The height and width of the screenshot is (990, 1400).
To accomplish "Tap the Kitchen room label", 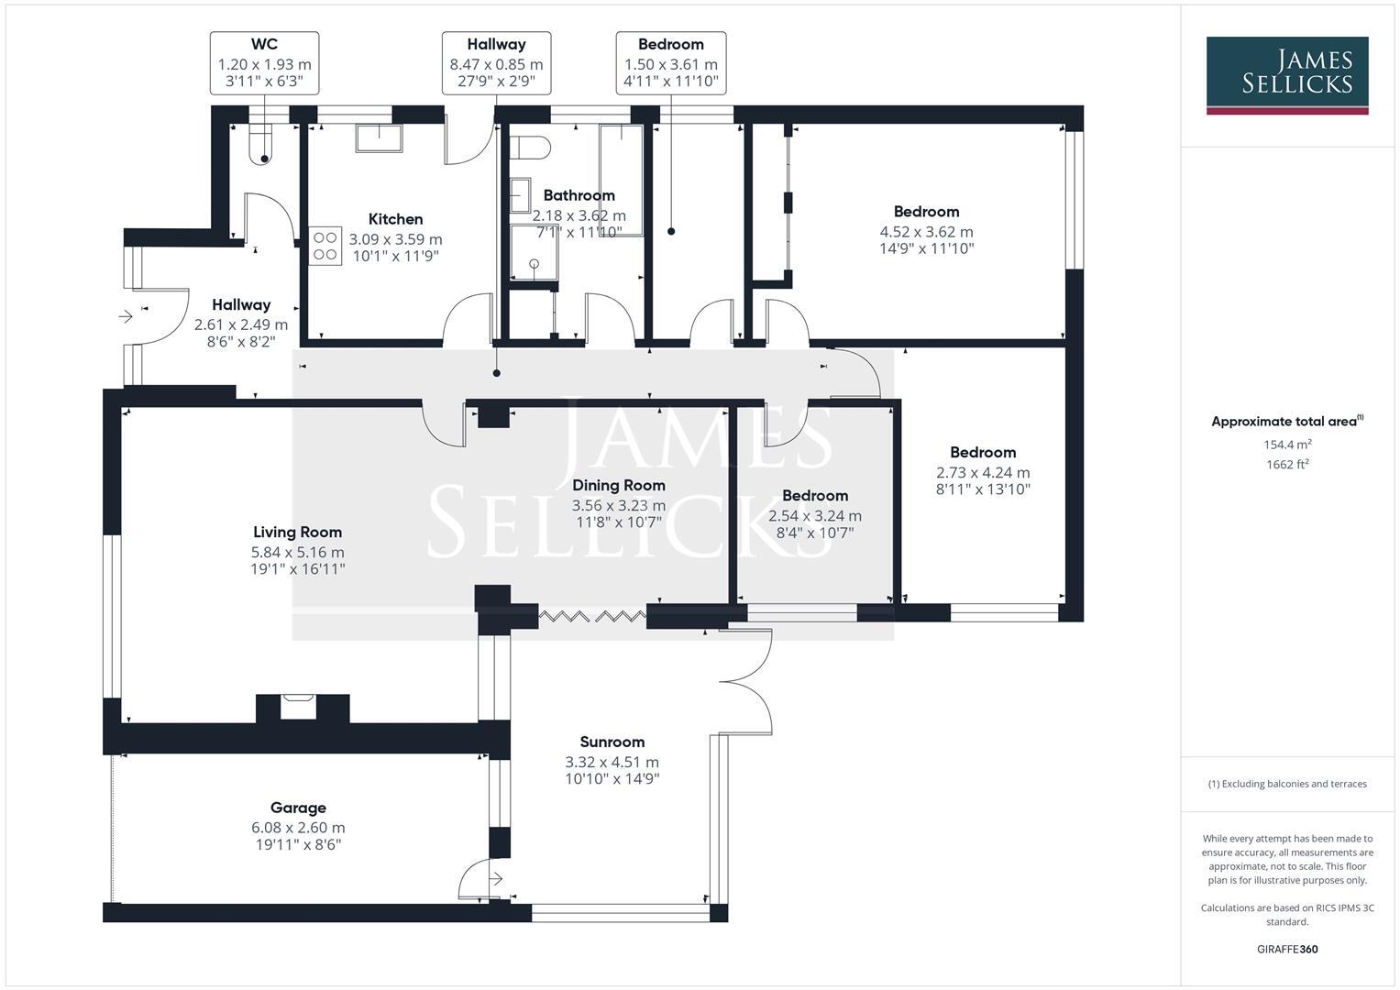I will click(395, 219).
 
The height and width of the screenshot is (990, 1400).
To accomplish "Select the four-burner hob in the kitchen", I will click(325, 246).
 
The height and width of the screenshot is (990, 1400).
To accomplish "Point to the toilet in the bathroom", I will click(529, 147).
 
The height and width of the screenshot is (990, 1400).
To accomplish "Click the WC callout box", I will click(264, 62).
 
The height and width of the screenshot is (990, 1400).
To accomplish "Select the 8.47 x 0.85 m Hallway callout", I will click(496, 62).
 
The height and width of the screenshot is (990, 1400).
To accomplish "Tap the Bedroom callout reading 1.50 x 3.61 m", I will click(670, 62).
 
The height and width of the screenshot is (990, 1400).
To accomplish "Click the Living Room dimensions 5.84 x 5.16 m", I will click(297, 552).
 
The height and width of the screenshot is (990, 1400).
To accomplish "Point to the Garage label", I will click(297, 808).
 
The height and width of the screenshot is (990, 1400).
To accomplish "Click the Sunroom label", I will click(612, 742).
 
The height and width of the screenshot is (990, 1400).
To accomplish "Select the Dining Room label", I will click(618, 485).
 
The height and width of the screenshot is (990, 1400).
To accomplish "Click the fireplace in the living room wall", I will click(297, 706).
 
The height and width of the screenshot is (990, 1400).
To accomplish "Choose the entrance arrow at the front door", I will click(126, 317).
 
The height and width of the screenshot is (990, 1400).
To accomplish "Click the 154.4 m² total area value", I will click(1286, 445).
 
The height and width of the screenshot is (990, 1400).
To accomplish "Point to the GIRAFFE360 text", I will click(1286, 949).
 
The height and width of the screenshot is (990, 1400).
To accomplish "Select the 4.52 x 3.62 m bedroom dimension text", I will click(926, 232).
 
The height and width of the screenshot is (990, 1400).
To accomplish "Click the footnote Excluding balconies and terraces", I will click(1286, 784).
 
